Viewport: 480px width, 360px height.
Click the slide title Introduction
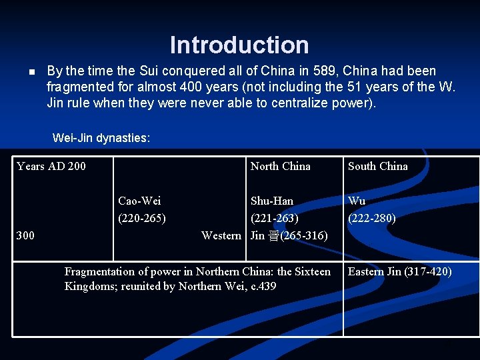[x=239, y=45]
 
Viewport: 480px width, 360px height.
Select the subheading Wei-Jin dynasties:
[x=101, y=139]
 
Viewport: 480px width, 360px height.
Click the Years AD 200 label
[x=51, y=166]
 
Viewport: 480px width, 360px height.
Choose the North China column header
[x=280, y=166]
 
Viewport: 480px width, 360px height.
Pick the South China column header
[x=377, y=166]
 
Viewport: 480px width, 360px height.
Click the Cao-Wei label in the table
[x=139, y=201]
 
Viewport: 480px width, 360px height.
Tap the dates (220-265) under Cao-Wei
[x=142, y=218]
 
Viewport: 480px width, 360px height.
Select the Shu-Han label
[x=271, y=201]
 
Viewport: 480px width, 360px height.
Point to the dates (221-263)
[x=274, y=218]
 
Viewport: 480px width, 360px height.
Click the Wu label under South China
[x=357, y=201]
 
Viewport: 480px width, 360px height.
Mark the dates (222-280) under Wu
[x=372, y=218]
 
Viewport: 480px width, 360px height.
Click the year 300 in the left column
[x=25, y=235]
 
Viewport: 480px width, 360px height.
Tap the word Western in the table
[x=221, y=235]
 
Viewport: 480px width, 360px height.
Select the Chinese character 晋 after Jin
[x=274, y=235]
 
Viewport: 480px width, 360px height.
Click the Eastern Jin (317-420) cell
[x=399, y=271]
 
